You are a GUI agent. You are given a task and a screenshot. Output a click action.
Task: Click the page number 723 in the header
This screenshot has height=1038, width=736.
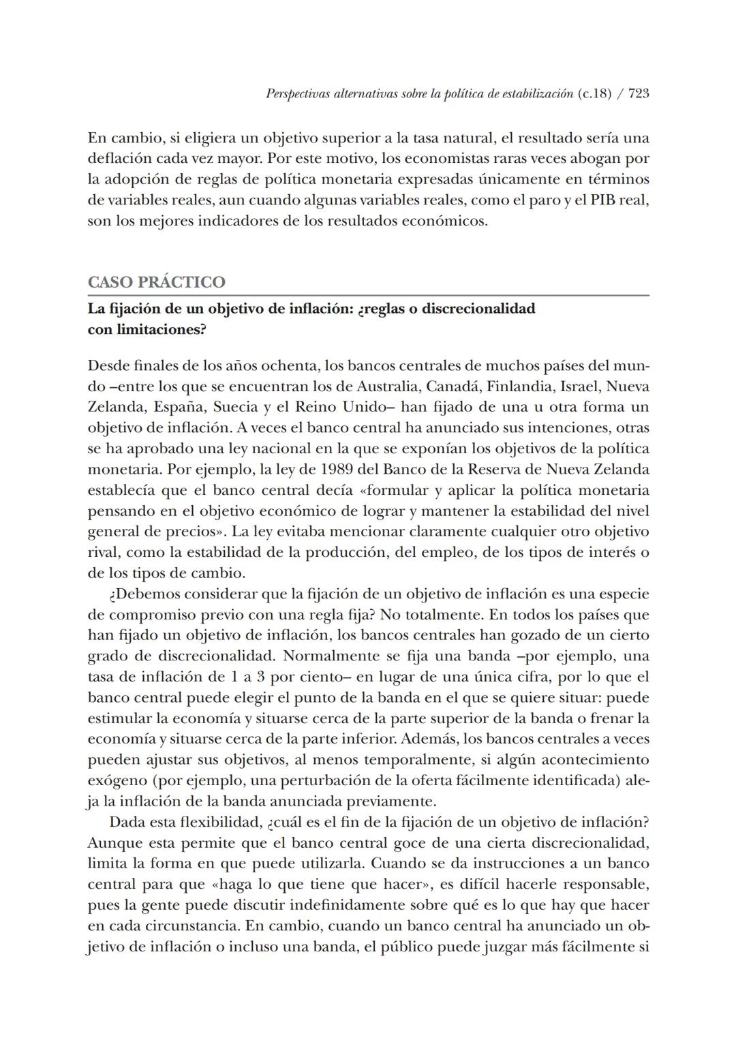point(638,94)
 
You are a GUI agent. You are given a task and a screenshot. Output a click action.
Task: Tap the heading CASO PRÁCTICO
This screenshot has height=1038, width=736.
point(157,282)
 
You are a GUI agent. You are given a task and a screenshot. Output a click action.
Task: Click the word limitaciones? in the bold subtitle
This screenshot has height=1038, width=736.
point(147,329)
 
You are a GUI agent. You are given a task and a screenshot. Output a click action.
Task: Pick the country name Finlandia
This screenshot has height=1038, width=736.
point(521,386)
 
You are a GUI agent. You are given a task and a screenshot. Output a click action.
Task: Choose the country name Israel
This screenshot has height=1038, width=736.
point(580,386)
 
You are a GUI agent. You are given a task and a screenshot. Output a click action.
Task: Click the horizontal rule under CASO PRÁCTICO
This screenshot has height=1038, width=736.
point(368,296)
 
